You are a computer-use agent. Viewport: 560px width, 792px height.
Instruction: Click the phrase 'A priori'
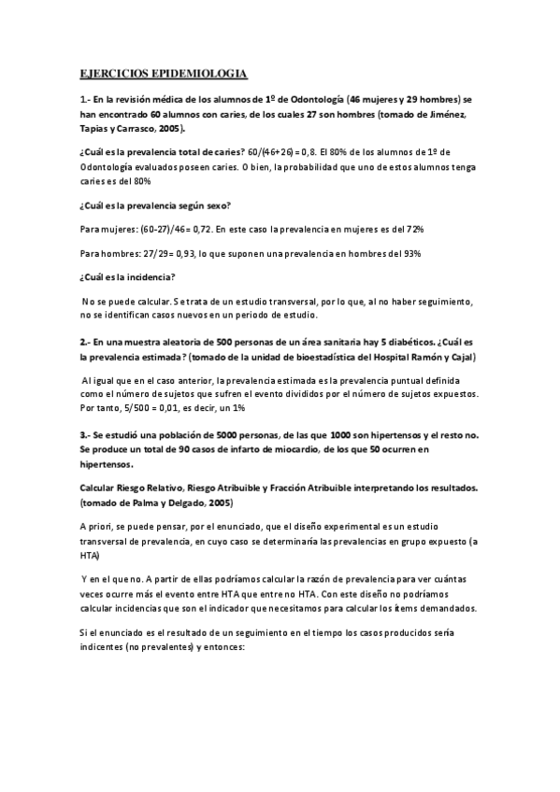(x=96, y=527)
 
